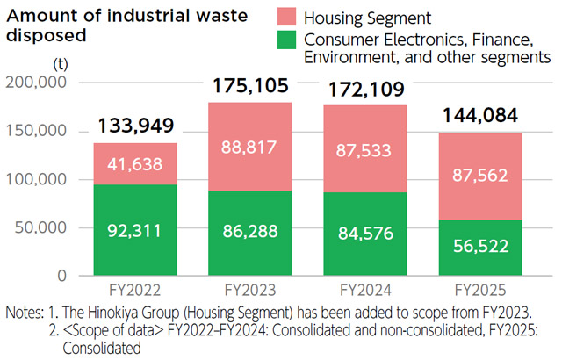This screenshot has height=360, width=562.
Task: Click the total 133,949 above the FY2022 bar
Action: point(134,126)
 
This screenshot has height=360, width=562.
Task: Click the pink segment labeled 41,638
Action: point(134,163)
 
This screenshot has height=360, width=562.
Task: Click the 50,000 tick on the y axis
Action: point(41,227)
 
